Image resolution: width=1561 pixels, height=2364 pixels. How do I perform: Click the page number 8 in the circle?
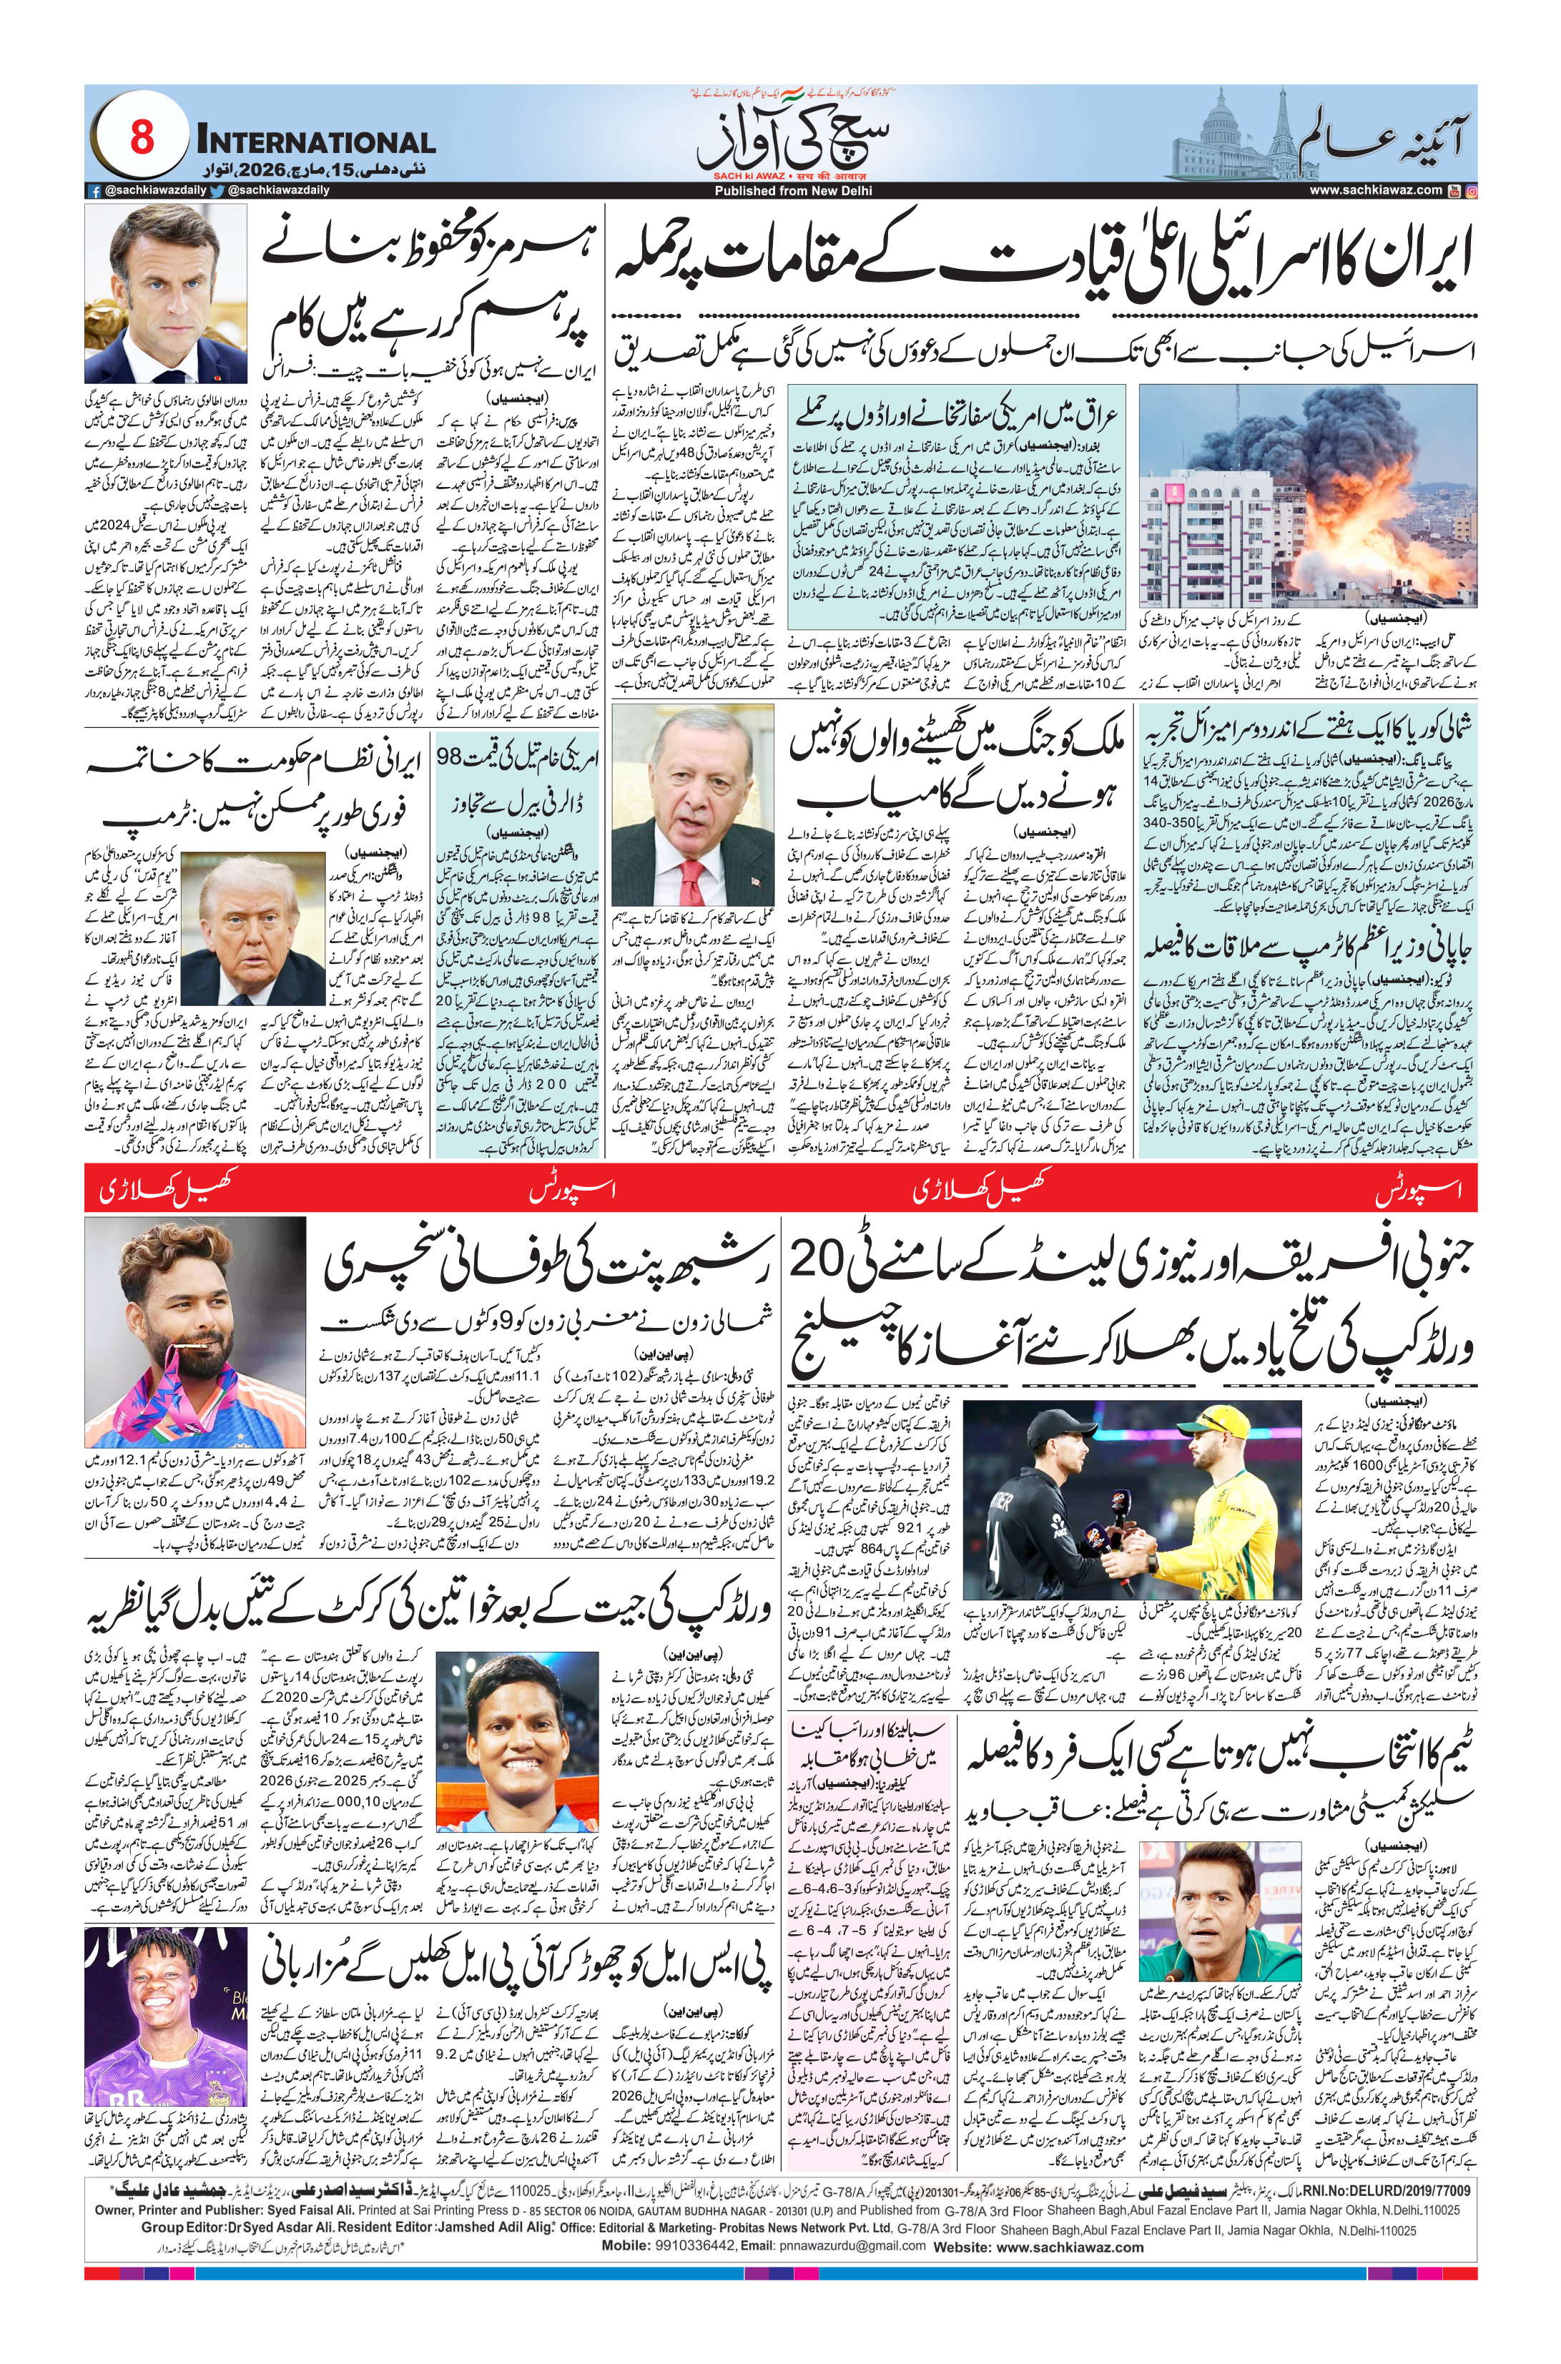[x=142, y=138]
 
